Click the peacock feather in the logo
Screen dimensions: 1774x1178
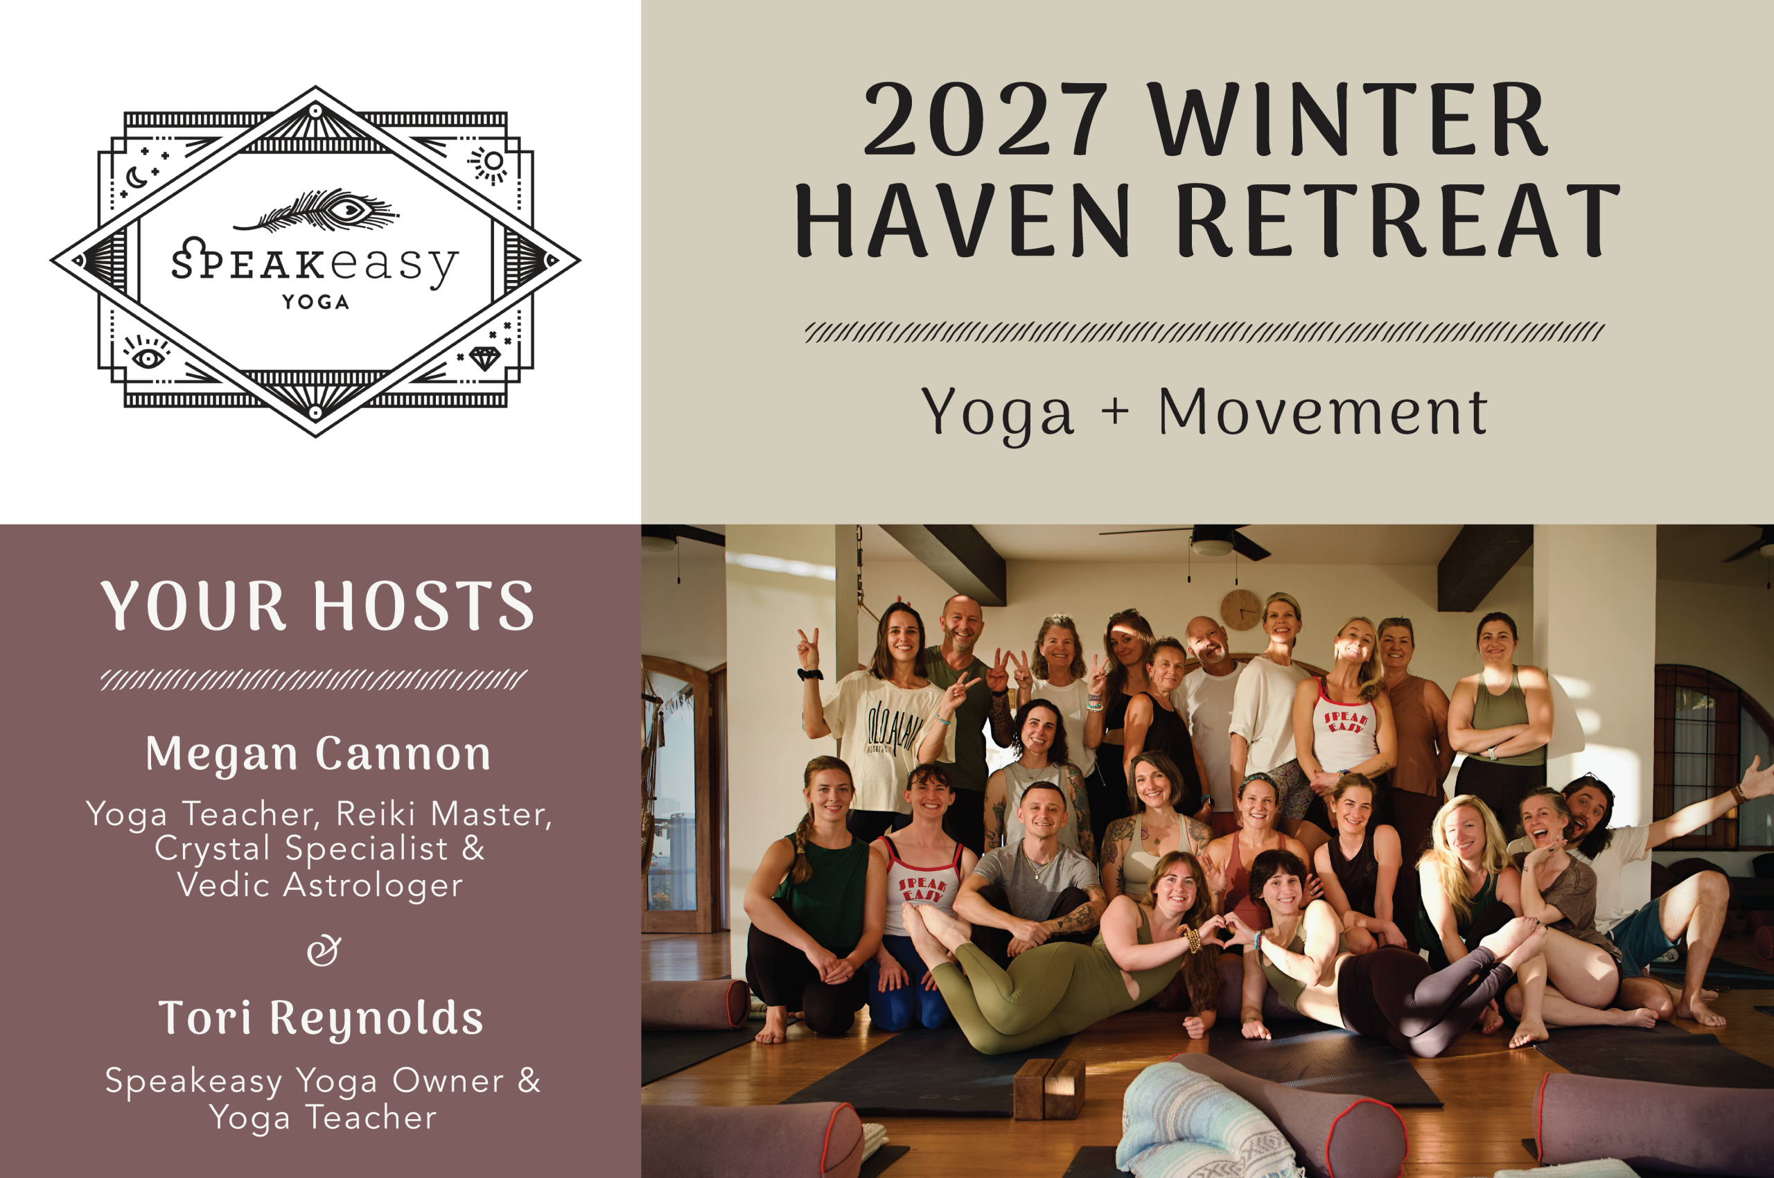coord(316,211)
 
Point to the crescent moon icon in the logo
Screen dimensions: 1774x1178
coord(136,178)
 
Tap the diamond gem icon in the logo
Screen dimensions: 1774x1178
coord(484,358)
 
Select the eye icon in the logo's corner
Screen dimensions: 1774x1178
coord(148,355)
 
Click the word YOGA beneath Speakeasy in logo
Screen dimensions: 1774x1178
coord(315,302)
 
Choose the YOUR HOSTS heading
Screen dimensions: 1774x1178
coord(317,606)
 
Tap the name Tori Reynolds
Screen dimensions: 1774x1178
coord(320,1019)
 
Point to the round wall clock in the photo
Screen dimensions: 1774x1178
coord(1241,610)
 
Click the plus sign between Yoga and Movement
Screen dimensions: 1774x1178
coord(1116,412)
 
